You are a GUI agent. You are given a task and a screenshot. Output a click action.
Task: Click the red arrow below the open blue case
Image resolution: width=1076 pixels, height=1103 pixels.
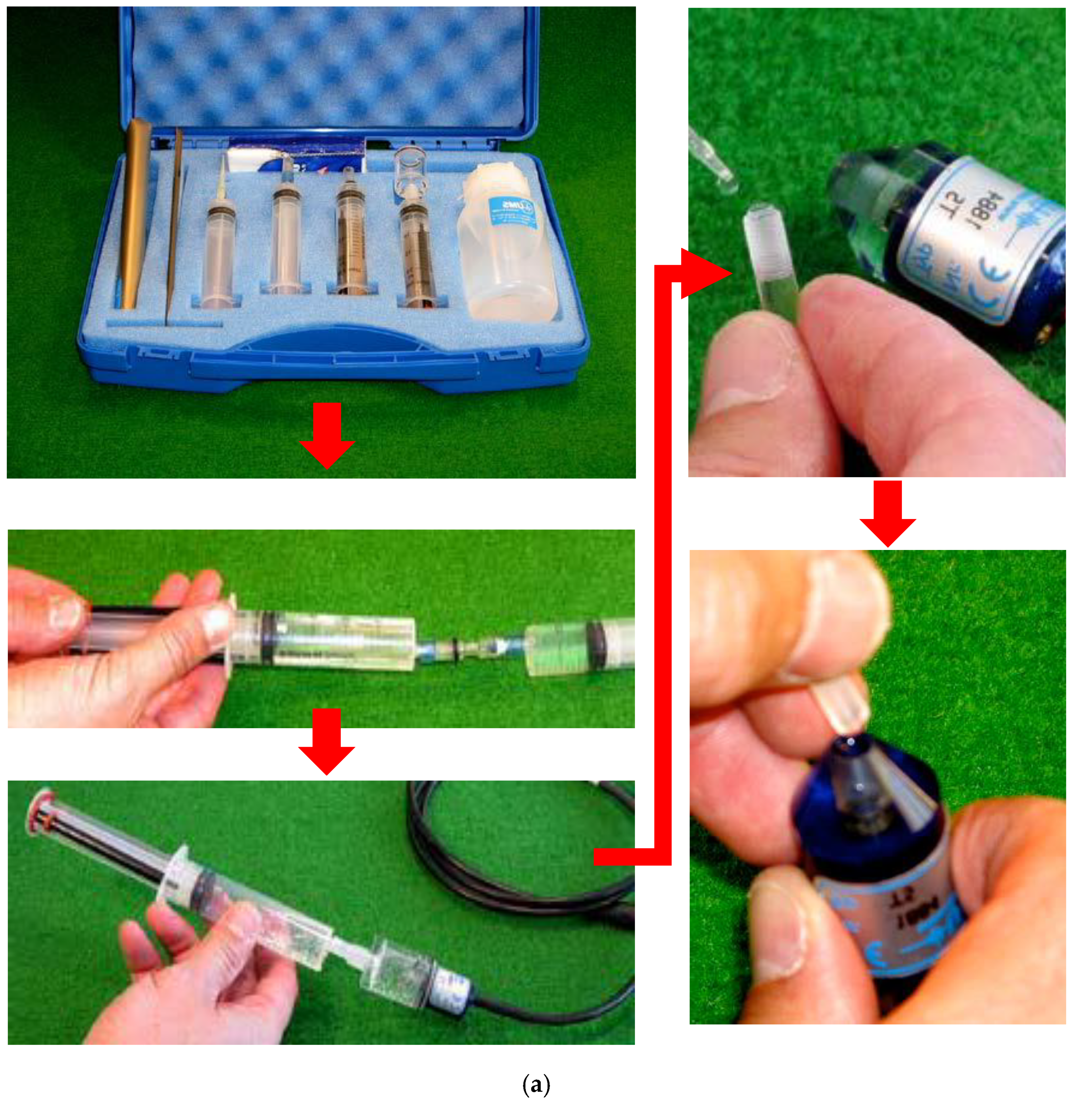pyautogui.click(x=327, y=435)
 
